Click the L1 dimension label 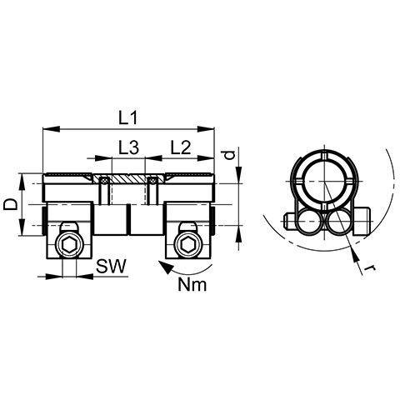[128, 118]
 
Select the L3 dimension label [128, 147]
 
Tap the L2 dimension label [181, 147]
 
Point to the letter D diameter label [10, 205]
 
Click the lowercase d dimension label [228, 155]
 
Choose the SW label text [111, 267]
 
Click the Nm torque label [192, 285]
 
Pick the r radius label [370, 268]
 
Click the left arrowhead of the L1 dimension [52, 128]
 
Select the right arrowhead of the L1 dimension [206, 128]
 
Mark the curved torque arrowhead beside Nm [165, 267]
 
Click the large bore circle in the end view [324, 182]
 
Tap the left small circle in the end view [309, 222]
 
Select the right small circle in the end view [339, 222]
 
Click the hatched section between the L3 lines [128, 178]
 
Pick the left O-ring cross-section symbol [104, 180]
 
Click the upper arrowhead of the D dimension [22, 181]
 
